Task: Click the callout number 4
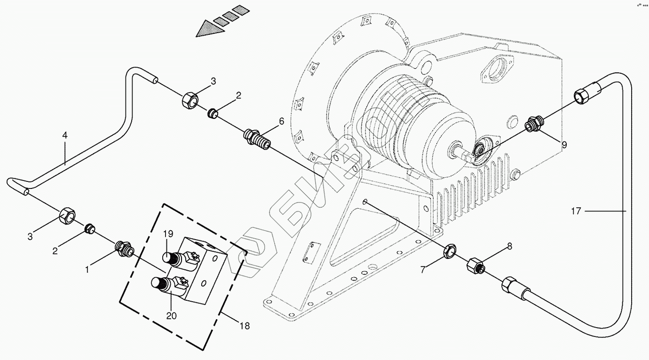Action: [65, 135]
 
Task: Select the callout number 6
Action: [281, 121]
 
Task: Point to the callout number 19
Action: [169, 234]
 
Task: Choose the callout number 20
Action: [171, 316]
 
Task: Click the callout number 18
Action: [245, 326]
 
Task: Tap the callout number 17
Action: [576, 211]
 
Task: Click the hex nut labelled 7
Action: [450, 251]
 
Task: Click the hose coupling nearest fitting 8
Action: [511, 286]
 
